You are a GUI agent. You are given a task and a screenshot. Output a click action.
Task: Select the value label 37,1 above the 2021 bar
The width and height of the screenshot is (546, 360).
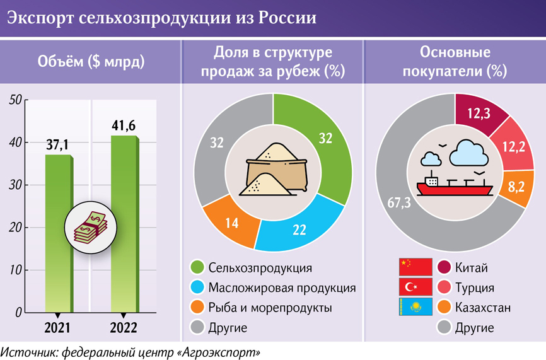coord(58,145)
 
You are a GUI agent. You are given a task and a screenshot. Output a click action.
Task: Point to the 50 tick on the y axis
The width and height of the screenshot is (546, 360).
coord(15,100)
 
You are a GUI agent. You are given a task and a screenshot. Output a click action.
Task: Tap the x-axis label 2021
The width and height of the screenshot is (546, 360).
coord(58,327)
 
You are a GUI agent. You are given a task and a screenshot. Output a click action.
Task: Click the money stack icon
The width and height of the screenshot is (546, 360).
coord(87,227)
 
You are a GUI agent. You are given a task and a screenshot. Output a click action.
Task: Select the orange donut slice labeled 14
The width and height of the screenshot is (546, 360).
coord(231,222)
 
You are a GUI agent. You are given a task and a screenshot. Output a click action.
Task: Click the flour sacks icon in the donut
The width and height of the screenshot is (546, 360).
coord(273,170)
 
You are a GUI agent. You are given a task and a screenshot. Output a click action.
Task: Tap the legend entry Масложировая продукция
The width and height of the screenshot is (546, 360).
coord(282,287)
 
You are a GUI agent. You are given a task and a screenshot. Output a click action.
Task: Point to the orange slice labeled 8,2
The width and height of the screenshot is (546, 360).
coord(515,188)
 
